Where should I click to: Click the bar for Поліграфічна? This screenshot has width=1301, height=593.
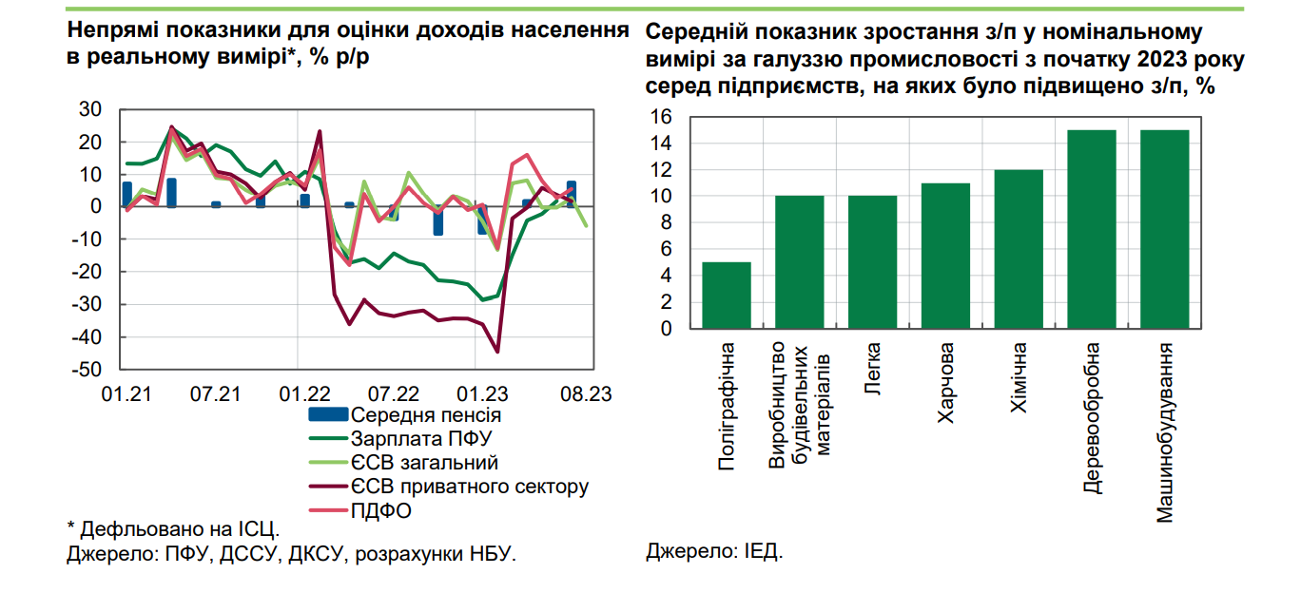[727, 296]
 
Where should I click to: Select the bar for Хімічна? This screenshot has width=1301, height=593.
[1019, 249]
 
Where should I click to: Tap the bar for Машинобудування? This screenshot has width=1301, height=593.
[1165, 229]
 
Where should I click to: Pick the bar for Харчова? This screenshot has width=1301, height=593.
[945, 256]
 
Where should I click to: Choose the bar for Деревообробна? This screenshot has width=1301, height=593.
[1092, 229]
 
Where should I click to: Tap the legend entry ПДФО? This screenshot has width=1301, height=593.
[381, 510]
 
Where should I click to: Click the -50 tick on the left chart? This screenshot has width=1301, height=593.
[90, 370]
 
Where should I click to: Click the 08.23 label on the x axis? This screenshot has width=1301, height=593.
[583, 393]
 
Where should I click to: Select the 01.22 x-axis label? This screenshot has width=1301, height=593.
[304, 393]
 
